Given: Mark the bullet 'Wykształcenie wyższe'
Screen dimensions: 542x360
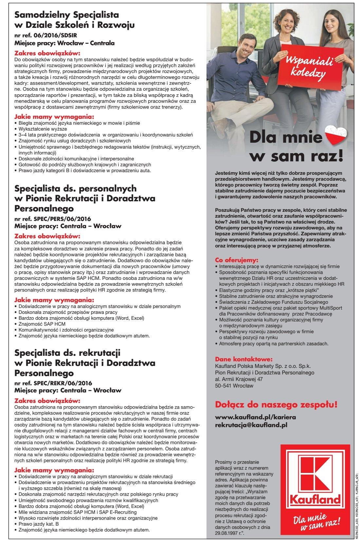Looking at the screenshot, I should coord(43,129).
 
